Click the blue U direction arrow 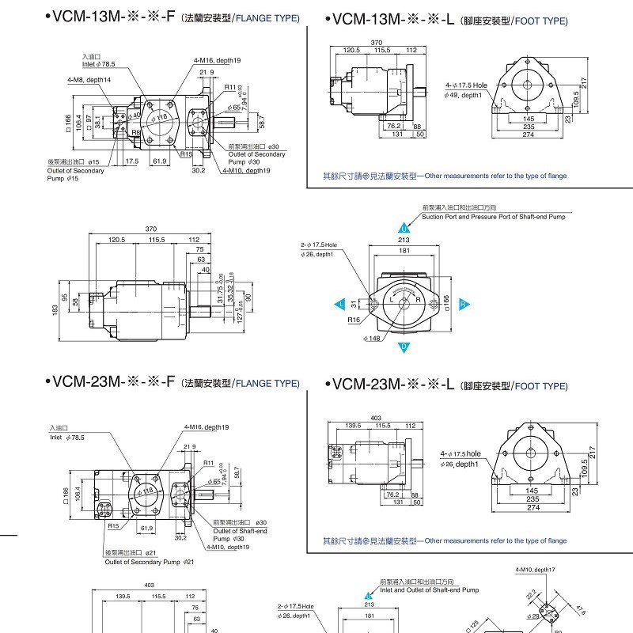coord(404,228)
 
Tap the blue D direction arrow coord(404,347)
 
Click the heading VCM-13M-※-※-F coord(110,17)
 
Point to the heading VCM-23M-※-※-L coord(392,385)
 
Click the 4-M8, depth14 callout coord(89,80)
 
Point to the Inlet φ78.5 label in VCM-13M coord(98,63)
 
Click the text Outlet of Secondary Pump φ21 coord(150,562)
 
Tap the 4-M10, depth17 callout coord(535,569)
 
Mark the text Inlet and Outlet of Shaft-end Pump coord(429,589)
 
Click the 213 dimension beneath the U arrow coord(404,241)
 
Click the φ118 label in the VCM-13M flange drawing coord(161,118)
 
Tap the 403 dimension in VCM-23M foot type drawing coord(375,418)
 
